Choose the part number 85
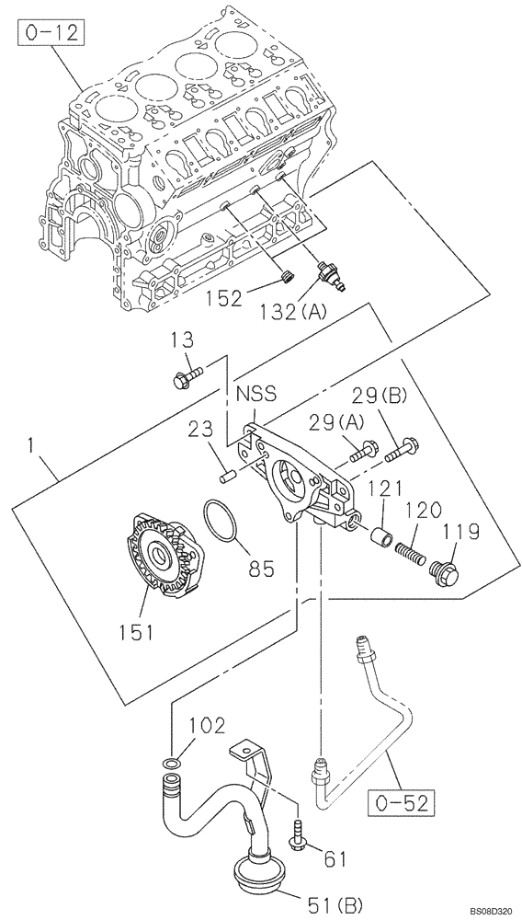point(261,569)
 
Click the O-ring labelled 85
point(220,521)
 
